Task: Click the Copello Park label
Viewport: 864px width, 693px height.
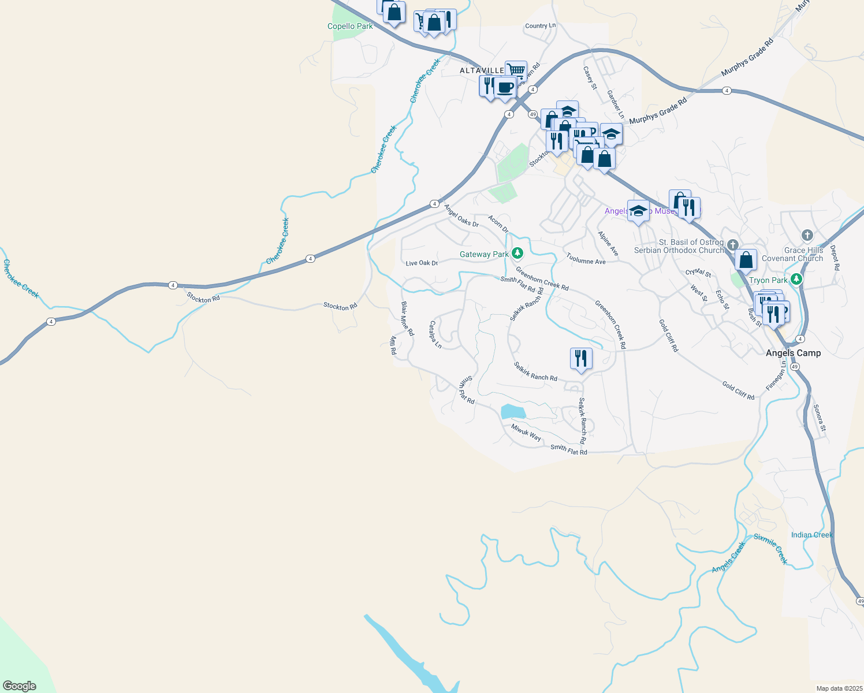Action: click(x=350, y=26)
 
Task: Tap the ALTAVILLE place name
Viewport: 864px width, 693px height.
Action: click(x=482, y=70)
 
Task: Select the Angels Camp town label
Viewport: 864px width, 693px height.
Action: click(x=793, y=353)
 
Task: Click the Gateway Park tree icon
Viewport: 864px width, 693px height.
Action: click(x=518, y=252)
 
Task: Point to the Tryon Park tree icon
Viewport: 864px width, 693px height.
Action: click(x=797, y=280)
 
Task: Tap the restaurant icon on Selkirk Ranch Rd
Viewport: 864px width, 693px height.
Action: click(x=581, y=359)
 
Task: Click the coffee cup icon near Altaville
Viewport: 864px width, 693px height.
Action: click(x=505, y=87)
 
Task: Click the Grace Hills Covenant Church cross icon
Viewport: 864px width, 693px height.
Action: click(x=807, y=235)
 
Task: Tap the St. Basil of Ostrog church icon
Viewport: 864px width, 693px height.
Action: click(x=733, y=245)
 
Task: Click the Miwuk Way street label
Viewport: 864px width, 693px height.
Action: click(x=526, y=433)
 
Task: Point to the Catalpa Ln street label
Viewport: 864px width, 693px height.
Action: click(x=435, y=335)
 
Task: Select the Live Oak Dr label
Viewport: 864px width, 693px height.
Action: click(x=422, y=263)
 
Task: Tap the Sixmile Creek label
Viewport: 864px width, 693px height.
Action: click(x=771, y=548)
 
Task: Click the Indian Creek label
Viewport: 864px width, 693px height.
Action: click(x=811, y=535)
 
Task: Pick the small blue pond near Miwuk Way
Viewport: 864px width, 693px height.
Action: click(x=513, y=411)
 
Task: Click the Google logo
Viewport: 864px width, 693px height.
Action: click(x=19, y=685)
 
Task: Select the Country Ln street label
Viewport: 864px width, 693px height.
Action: click(x=540, y=26)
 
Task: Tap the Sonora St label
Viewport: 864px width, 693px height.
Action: click(x=820, y=418)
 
